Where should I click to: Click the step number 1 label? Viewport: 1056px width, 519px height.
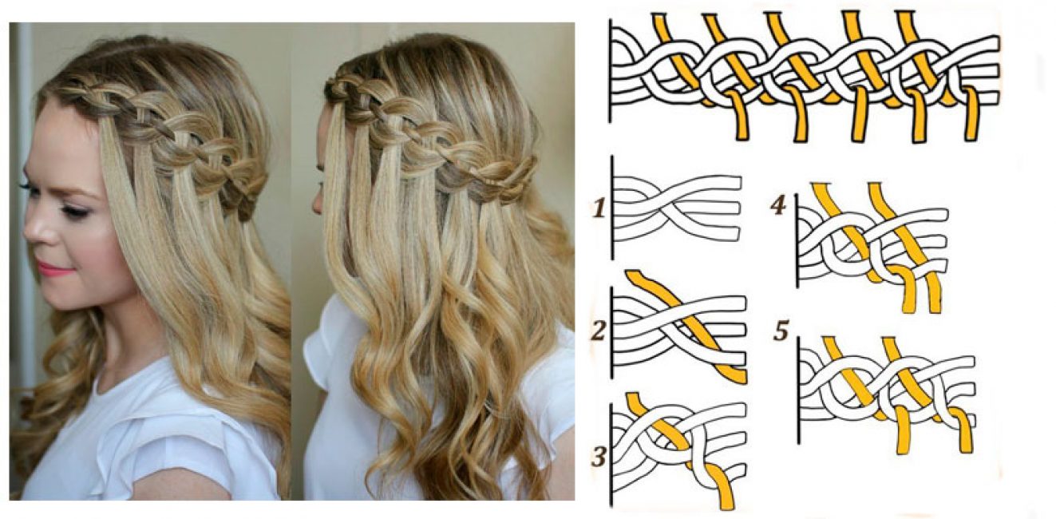tap(599, 208)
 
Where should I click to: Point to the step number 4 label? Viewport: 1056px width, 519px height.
tap(778, 205)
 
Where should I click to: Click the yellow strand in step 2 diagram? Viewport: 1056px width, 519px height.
tap(683, 325)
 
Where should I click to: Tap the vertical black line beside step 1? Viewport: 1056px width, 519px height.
tap(612, 208)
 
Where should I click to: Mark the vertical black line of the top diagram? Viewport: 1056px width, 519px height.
tap(610, 71)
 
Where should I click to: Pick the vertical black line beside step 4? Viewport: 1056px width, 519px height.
tap(797, 240)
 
